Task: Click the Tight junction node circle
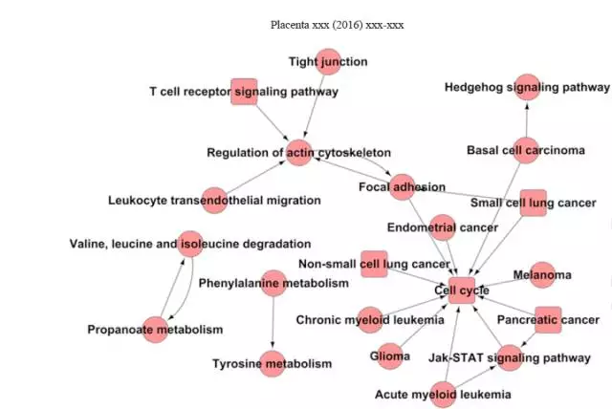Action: (329, 62)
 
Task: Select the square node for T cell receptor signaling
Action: (244, 92)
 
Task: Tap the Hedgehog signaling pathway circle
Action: (528, 87)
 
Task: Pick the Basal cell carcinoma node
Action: (526, 150)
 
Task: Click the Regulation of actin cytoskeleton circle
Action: (299, 152)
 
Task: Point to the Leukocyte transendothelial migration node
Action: (215, 200)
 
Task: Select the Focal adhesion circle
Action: (403, 186)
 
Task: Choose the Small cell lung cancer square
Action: (533, 203)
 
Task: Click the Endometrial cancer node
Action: (443, 227)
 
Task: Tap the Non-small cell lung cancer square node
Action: (374, 264)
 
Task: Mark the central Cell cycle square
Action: (462, 290)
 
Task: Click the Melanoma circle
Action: (542, 275)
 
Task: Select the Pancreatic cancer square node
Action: (548, 319)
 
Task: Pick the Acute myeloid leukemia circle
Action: (444, 394)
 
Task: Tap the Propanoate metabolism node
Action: (155, 329)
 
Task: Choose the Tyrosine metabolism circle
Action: (273, 363)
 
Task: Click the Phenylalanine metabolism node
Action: (273, 283)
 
